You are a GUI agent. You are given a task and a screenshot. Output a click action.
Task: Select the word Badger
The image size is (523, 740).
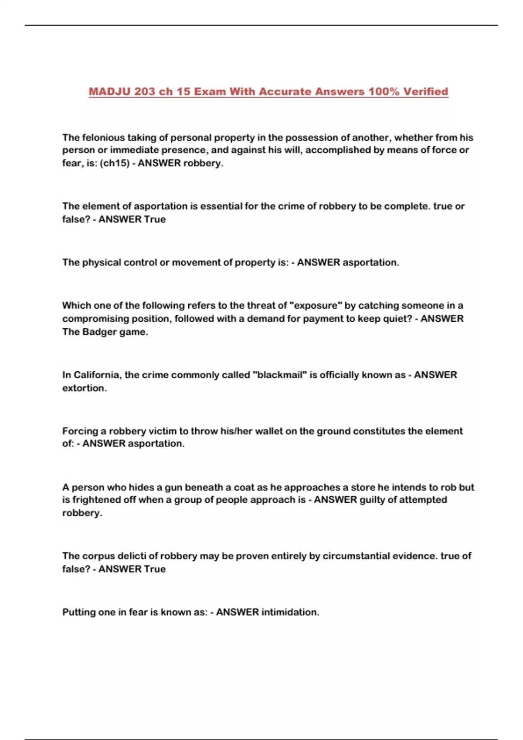point(100,332)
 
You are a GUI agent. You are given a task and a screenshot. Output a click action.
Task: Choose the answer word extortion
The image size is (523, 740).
point(84,388)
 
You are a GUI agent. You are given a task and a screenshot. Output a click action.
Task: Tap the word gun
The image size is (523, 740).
point(173,487)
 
